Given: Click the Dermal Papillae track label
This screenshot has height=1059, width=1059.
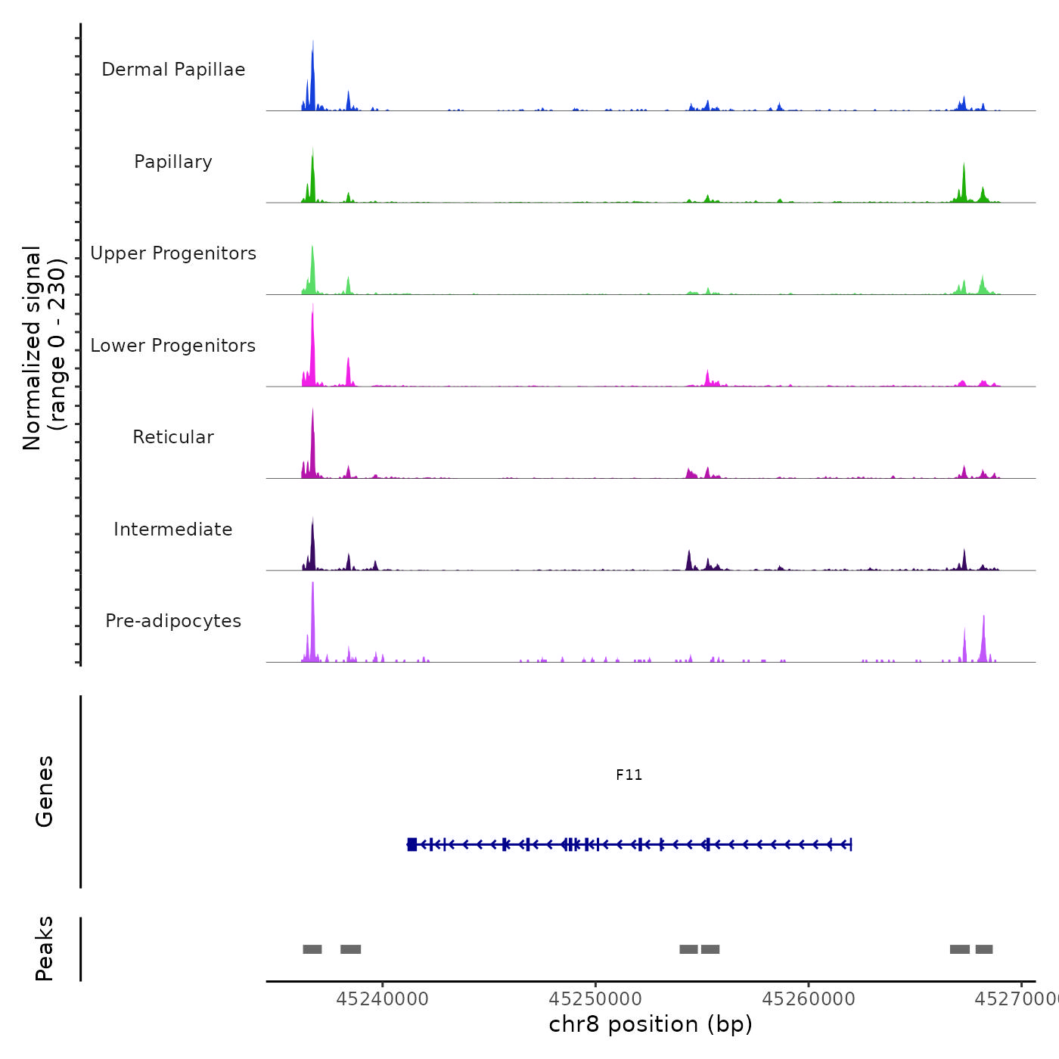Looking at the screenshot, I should [173, 70].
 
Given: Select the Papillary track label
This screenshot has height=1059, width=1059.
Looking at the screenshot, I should [173, 162].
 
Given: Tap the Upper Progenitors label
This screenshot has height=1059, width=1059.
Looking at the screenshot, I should [173, 253].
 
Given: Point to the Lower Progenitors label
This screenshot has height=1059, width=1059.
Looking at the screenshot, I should [173, 346].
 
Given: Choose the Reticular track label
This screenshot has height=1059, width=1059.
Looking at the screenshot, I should [173, 437].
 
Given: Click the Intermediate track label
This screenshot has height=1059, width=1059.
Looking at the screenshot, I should [173, 529].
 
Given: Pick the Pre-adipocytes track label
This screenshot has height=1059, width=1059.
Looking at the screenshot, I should [173, 621].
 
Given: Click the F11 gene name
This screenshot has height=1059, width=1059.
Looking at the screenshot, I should [629, 775].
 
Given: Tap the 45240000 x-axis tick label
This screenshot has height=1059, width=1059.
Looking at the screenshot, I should [382, 999].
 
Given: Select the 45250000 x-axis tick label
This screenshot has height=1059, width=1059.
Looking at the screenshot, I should [595, 999].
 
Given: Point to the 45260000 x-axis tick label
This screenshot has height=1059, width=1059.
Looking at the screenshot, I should [809, 999].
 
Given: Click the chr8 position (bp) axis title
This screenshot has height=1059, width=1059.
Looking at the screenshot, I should [651, 1024].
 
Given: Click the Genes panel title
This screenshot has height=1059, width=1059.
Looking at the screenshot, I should [44, 791].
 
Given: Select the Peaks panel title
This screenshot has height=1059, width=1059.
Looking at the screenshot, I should [44, 949].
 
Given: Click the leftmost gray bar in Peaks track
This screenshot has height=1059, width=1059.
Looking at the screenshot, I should [312, 949].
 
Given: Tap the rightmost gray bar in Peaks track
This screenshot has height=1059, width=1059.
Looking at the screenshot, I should [983, 949].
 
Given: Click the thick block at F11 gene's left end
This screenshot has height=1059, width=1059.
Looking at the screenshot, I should [411, 844].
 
